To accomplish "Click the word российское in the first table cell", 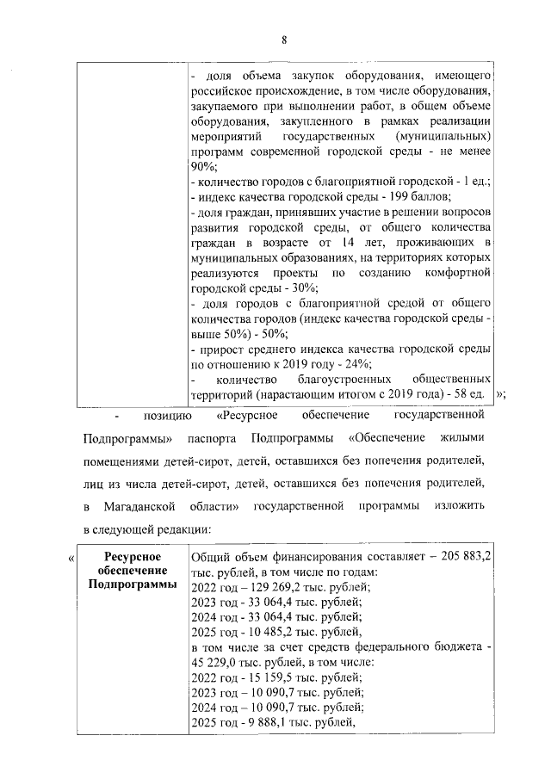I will pyautogui.click(x=226, y=92).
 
